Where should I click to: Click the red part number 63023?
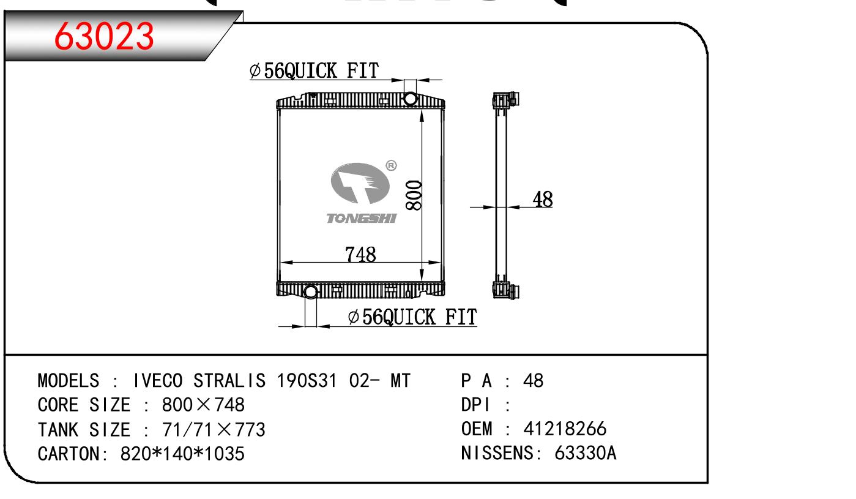point(104,36)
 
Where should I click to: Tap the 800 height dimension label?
point(414,195)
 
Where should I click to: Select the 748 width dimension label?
point(360,254)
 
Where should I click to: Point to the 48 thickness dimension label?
point(543,199)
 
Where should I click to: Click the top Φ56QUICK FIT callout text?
point(314,71)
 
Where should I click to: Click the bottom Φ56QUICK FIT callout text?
point(412,317)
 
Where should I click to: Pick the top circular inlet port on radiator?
point(410,99)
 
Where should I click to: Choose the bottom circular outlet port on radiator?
point(311,292)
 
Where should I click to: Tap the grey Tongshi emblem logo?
point(360,183)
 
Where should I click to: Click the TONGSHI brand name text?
point(362,219)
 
